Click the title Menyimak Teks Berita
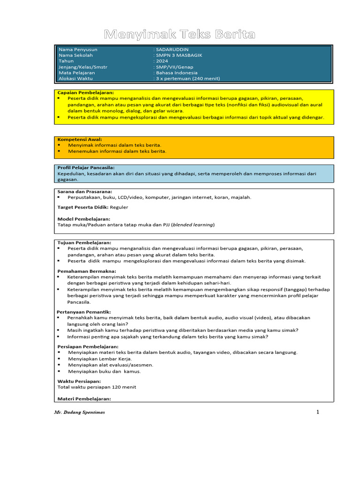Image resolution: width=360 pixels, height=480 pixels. [x=180, y=34]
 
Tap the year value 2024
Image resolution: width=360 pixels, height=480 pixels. [x=162, y=61]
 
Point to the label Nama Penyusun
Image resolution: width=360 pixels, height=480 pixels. [x=78, y=49]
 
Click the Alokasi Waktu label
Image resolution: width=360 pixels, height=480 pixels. [x=75, y=79]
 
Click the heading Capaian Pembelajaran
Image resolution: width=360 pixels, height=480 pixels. [x=85, y=93]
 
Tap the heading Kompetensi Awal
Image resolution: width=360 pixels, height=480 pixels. [x=80, y=139]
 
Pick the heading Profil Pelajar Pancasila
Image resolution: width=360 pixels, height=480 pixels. [x=86, y=167]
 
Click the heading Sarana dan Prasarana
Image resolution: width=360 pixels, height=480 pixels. [x=84, y=191]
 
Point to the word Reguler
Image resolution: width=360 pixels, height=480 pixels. [x=119, y=207]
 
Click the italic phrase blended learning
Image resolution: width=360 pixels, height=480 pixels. [x=193, y=225]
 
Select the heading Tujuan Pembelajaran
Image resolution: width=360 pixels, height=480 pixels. [x=84, y=242]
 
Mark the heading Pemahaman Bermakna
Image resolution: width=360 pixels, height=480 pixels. [x=87, y=271]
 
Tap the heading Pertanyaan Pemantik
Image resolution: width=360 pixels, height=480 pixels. [x=84, y=312]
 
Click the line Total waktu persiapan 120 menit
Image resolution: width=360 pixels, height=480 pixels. [x=97, y=387]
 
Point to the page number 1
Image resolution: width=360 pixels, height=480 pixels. [x=317, y=412]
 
